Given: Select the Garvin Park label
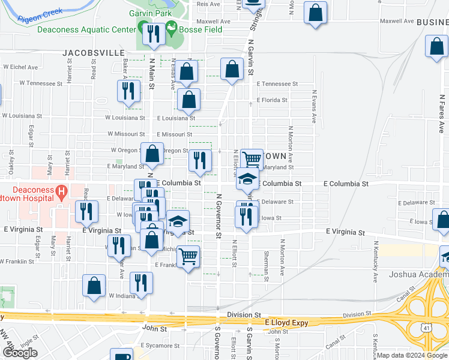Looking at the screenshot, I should [x=150, y=13].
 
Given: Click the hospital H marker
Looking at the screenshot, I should [x=61, y=193].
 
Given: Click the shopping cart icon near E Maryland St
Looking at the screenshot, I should [x=252, y=160].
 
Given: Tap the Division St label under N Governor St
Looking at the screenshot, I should [x=244, y=314].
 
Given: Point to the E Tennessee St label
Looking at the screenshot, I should [x=277, y=84].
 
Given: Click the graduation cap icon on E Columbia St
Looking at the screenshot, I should [x=247, y=179].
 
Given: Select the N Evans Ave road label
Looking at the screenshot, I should [x=313, y=107].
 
